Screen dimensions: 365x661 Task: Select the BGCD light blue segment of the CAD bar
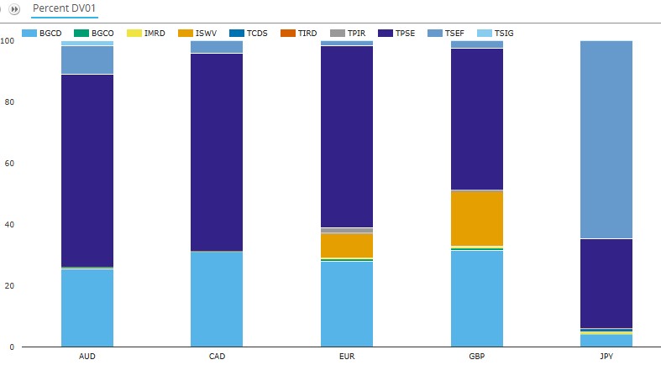(x=217, y=299)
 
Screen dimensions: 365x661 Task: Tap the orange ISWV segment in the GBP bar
(x=477, y=217)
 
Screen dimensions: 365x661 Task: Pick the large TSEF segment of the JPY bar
(x=606, y=139)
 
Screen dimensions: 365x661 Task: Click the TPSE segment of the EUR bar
(x=347, y=136)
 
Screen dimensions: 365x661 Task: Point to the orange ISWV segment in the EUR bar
(x=347, y=245)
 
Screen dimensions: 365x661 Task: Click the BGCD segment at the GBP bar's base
(x=477, y=299)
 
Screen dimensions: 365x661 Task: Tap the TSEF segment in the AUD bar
(x=87, y=60)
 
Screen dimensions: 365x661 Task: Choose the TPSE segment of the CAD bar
(x=217, y=152)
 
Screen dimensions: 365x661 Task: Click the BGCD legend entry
(x=47, y=33)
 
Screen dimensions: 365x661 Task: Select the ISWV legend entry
(x=202, y=33)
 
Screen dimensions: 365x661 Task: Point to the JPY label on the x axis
(x=606, y=357)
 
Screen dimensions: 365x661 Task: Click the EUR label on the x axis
(x=347, y=357)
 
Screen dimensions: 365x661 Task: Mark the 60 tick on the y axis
(x=8, y=164)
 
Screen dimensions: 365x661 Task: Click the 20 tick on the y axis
(x=8, y=286)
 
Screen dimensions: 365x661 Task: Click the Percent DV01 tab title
(x=56, y=8)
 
